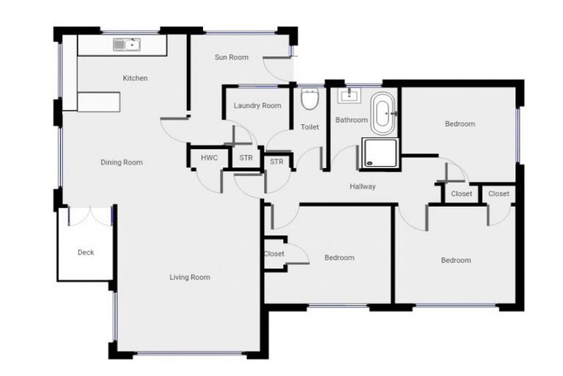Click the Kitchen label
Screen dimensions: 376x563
[x=135, y=78]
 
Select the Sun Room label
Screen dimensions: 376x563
[x=231, y=57]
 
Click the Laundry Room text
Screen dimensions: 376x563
[x=257, y=106]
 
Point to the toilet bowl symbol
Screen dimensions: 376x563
[x=309, y=99]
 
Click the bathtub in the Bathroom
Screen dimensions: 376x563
[x=383, y=113]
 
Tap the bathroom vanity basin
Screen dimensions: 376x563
[x=348, y=95]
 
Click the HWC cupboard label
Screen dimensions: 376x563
[x=209, y=158]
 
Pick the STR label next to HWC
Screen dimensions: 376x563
[x=246, y=158]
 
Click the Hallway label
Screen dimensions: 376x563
[x=363, y=187]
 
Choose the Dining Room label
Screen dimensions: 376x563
[x=122, y=162]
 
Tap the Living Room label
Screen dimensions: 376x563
[x=190, y=277]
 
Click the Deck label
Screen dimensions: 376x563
[x=86, y=253]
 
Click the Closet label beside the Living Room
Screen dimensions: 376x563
[x=273, y=254]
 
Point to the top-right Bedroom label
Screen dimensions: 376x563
[x=460, y=124]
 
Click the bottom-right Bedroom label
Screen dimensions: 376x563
[x=456, y=260]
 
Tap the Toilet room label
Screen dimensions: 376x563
[x=310, y=127]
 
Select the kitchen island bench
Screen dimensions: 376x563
[x=98, y=102]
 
